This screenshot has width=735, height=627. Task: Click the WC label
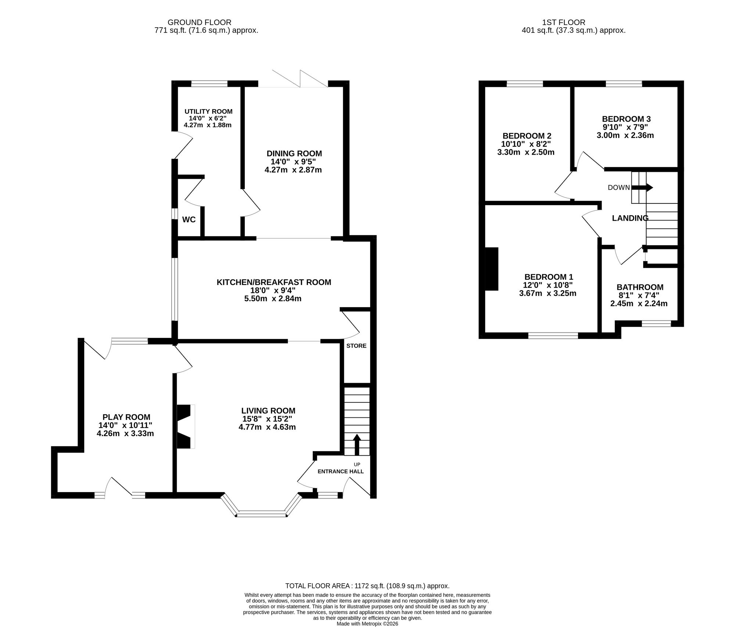pos(189,220)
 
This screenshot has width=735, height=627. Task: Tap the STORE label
pos(356,346)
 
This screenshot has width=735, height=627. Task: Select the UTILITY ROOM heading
pos(208,111)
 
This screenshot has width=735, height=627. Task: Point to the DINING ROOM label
pos(294,153)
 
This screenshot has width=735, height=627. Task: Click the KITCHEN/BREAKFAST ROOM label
pos(274,282)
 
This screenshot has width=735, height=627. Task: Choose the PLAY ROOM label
pos(126,417)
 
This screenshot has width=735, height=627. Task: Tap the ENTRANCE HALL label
pos(341,471)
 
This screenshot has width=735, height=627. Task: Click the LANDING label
pos(630,218)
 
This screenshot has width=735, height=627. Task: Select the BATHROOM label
pos(640,287)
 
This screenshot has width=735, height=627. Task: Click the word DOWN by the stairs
pos(619,188)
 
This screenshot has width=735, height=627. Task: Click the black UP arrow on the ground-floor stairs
pos(356,444)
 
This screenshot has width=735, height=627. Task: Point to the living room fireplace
pos(186,427)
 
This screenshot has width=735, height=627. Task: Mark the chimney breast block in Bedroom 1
pos(492,269)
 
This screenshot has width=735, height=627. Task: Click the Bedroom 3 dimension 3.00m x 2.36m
pos(625,135)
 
